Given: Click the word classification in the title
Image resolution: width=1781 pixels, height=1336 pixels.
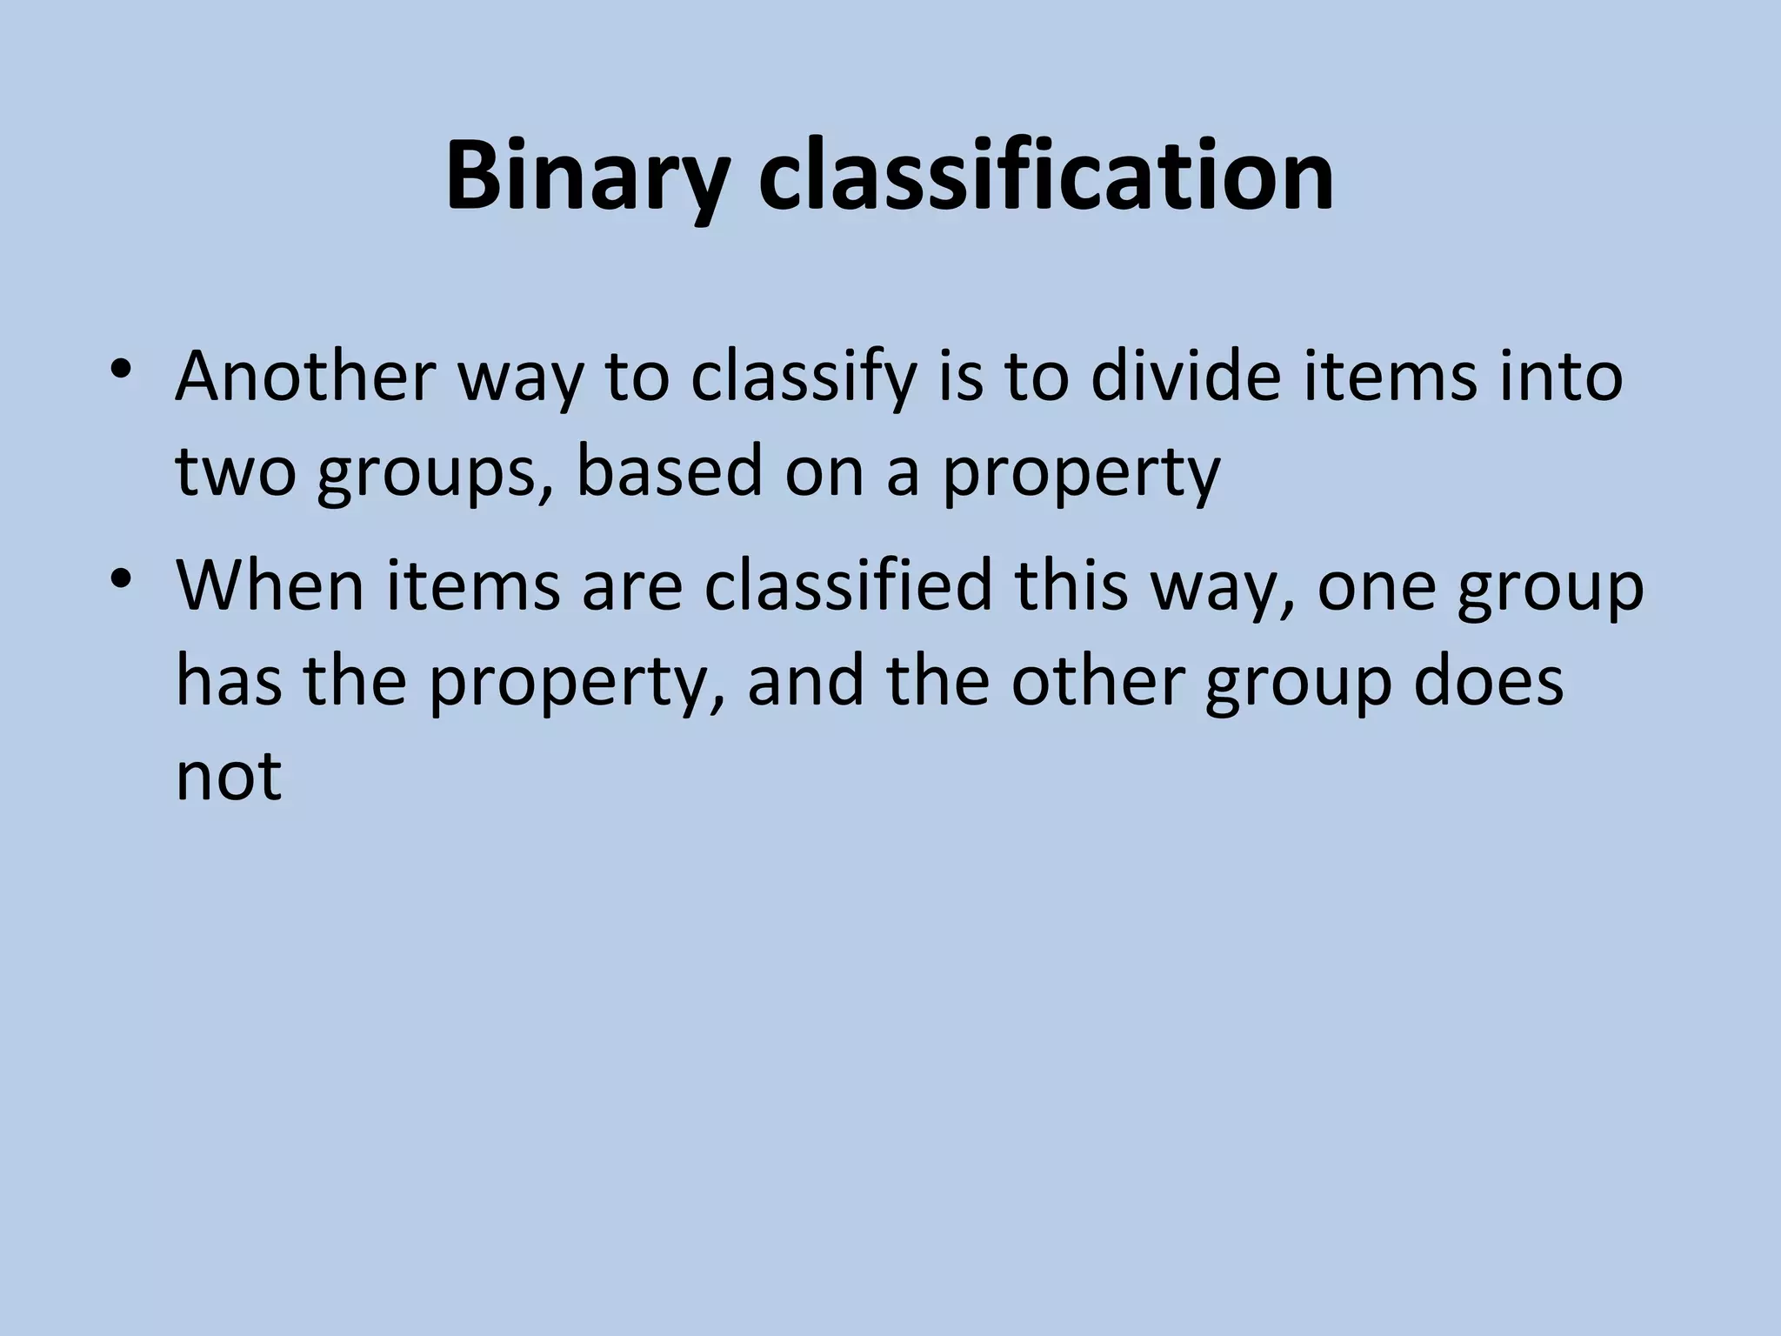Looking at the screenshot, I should tap(1046, 177).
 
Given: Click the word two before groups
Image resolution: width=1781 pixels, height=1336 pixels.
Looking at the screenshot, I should tap(236, 471).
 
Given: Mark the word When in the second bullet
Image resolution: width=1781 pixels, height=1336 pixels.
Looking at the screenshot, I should tap(270, 584).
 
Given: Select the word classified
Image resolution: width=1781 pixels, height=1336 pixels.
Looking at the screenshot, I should tap(848, 584).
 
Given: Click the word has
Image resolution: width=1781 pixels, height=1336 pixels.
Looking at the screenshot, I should tap(229, 680).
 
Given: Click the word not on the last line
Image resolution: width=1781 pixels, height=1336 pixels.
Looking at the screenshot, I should tap(229, 776).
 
